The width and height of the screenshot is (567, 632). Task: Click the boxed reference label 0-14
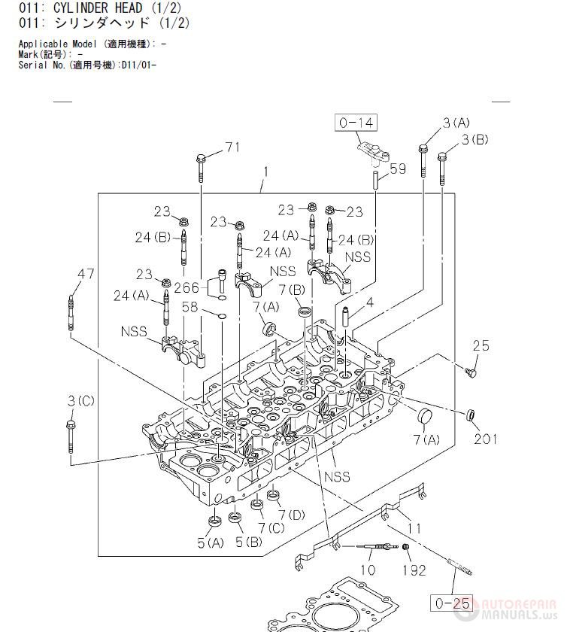(357, 123)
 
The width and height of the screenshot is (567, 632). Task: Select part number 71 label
(233, 147)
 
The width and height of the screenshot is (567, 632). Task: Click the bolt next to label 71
(202, 166)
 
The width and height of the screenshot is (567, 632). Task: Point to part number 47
(86, 274)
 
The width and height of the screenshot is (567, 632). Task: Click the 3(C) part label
(80, 401)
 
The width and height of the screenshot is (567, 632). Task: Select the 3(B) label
(475, 139)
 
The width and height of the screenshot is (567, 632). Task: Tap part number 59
(397, 170)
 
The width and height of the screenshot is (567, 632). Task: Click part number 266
(186, 287)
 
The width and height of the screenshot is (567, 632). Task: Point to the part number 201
(485, 439)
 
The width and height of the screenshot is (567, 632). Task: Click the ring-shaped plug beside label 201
(472, 415)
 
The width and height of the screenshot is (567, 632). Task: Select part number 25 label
(481, 346)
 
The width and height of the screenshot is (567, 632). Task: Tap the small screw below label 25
(471, 371)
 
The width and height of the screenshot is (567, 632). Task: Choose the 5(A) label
(211, 542)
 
